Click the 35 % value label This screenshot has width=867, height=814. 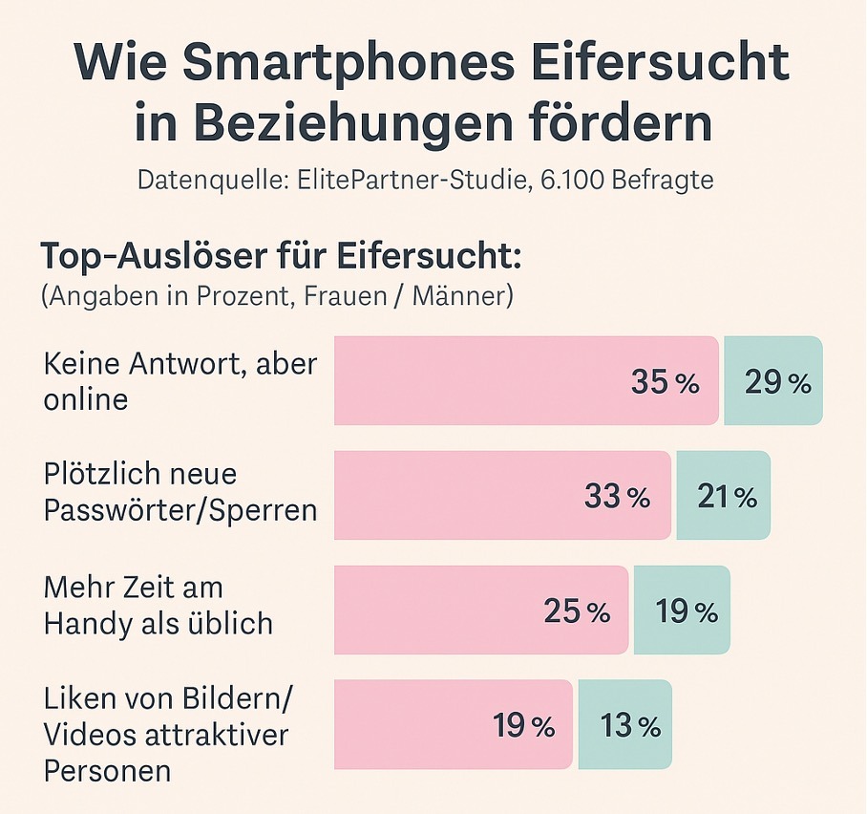point(666,383)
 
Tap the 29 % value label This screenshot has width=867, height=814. point(777,383)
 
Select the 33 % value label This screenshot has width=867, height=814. point(617,497)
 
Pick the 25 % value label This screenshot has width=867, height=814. point(577,611)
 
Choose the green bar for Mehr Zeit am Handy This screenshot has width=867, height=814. point(682,611)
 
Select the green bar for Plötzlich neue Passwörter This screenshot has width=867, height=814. point(723,496)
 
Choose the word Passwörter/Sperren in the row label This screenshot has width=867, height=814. point(180,509)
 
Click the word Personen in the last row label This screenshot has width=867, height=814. point(107,770)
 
